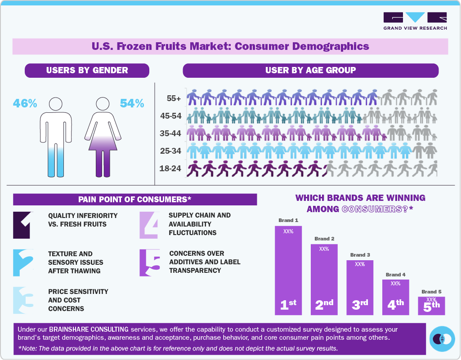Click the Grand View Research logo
415,21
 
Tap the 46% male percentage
25,103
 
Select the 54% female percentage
132,103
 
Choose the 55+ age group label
173,98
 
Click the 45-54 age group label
171,116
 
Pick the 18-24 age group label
171,169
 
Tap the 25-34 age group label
171,151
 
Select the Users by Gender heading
87,70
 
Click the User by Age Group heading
310,70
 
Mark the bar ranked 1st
288,270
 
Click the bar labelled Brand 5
431,306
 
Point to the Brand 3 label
360,255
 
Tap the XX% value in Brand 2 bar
324,249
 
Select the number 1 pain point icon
23,225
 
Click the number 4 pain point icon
148,225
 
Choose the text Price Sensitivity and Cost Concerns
78,300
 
